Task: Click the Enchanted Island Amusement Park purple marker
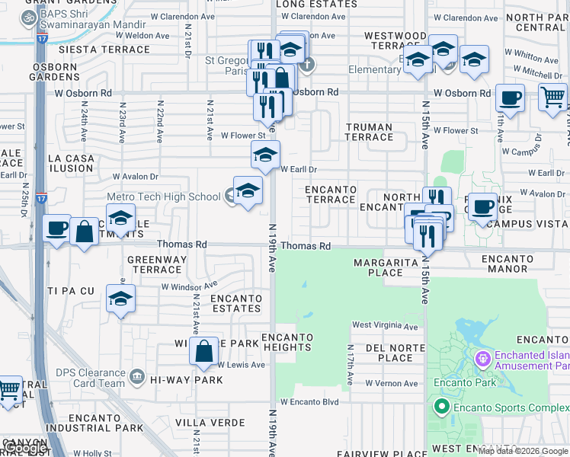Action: click(x=482, y=358)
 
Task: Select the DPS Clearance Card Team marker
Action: click(x=137, y=375)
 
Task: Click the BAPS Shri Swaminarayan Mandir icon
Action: click(x=30, y=16)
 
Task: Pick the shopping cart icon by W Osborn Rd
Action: click(x=552, y=97)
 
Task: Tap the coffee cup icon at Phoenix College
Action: click(x=482, y=206)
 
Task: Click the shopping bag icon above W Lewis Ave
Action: click(x=203, y=351)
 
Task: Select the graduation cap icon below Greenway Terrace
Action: click(x=120, y=299)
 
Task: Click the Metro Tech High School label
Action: click(x=164, y=197)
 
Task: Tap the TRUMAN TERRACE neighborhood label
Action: click(x=368, y=133)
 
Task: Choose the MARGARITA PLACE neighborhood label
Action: click(x=385, y=267)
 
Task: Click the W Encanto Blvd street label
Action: click(x=309, y=402)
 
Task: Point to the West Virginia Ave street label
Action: click(x=385, y=327)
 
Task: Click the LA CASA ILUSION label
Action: click(x=71, y=163)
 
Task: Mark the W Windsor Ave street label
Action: click(x=189, y=287)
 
